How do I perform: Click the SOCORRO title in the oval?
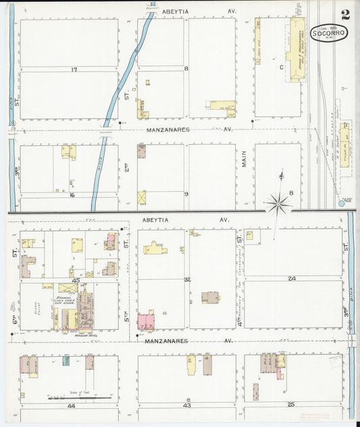pyautogui.click(x=329, y=32)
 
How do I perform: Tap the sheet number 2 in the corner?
pyautogui.click(x=345, y=14)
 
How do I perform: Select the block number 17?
pyautogui.click(x=74, y=69)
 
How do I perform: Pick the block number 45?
pyautogui.click(x=76, y=279)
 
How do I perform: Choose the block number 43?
pyautogui.click(x=187, y=405)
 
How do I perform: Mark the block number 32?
pyautogui.click(x=187, y=278)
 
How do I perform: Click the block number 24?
pyautogui.click(x=292, y=278)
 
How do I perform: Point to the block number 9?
pyautogui.click(x=186, y=194)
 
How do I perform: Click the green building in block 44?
pyautogui.click(x=66, y=361)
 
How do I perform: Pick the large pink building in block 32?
pyautogui.click(x=145, y=321)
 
